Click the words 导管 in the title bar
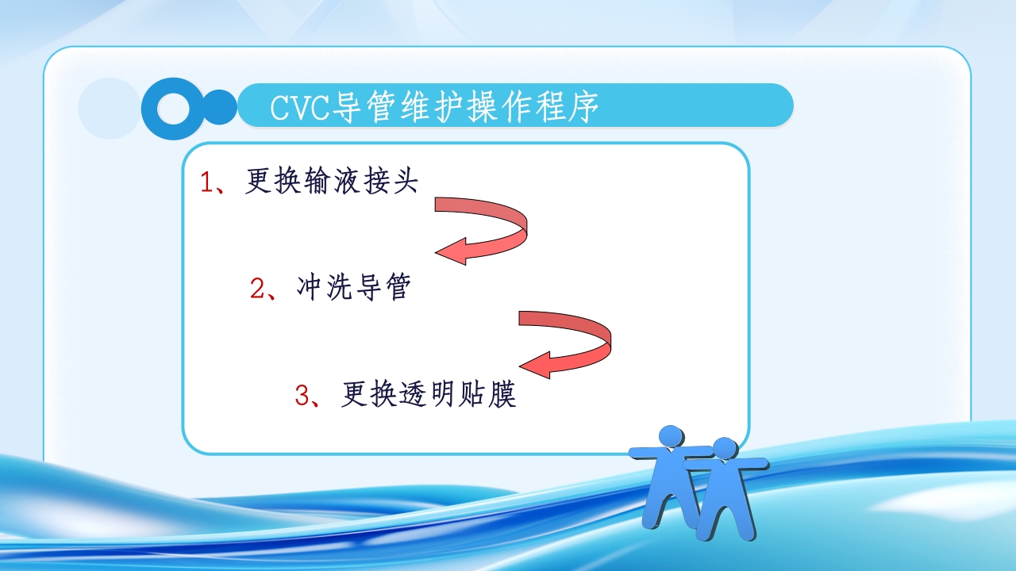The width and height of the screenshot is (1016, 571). [x=366, y=107]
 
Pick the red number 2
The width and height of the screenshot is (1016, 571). [x=257, y=289]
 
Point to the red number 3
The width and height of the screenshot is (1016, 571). [x=302, y=395]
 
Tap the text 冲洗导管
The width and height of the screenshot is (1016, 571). [x=353, y=288]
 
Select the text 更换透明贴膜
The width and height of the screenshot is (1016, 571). [x=429, y=394]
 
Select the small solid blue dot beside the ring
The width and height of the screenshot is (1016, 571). [x=221, y=106]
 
